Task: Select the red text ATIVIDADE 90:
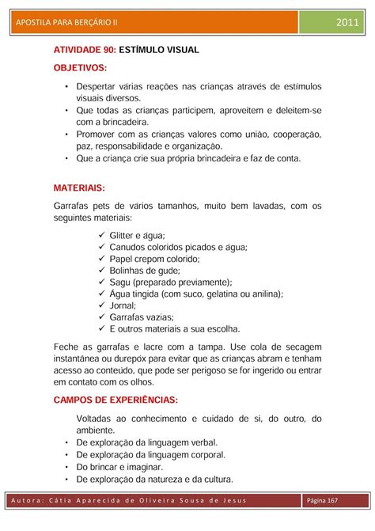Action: (85, 50)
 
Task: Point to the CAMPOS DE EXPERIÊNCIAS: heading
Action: (116, 400)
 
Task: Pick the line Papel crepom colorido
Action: (154, 258)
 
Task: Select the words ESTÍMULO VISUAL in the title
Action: (159, 50)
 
